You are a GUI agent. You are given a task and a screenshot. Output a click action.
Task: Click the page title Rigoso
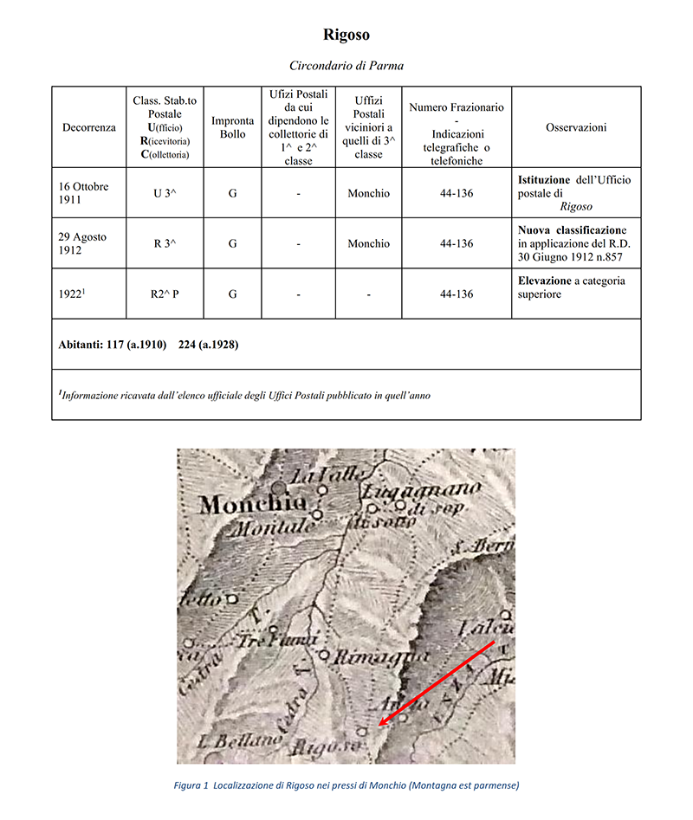point(346,36)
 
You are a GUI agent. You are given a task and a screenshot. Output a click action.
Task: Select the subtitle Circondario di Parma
point(346,66)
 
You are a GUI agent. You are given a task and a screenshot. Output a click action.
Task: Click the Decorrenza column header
point(88,127)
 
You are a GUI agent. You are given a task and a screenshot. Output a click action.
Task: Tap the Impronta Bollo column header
point(233,127)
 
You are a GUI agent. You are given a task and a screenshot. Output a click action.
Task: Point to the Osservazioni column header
point(576,127)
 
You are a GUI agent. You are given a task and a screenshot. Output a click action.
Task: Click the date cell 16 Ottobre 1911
point(85,193)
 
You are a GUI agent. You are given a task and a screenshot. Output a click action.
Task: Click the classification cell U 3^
point(165,193)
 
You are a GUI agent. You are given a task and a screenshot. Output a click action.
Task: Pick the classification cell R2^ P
point(165,294)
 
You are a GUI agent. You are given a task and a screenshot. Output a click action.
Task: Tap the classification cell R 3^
point(165,243)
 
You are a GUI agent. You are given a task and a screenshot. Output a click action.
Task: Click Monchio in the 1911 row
point(369,193)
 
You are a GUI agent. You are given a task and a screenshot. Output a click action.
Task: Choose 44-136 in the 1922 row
point(457,294)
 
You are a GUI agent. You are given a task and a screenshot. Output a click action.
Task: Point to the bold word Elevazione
point(546,281)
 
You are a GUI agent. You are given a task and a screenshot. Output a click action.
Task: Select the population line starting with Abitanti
point(148,344)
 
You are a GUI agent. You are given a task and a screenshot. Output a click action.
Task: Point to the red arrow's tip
point(379,725)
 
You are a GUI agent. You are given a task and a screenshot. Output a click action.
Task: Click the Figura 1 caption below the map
point(346,785)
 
